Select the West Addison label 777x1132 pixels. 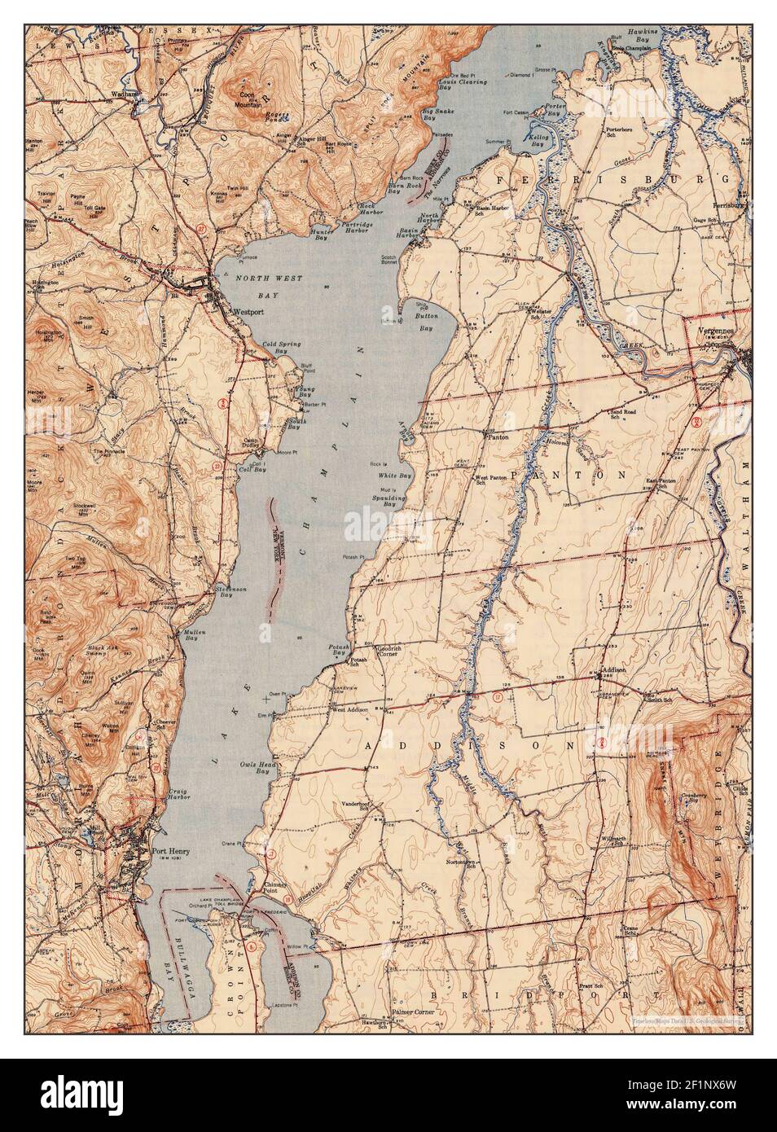click(349, 709)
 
